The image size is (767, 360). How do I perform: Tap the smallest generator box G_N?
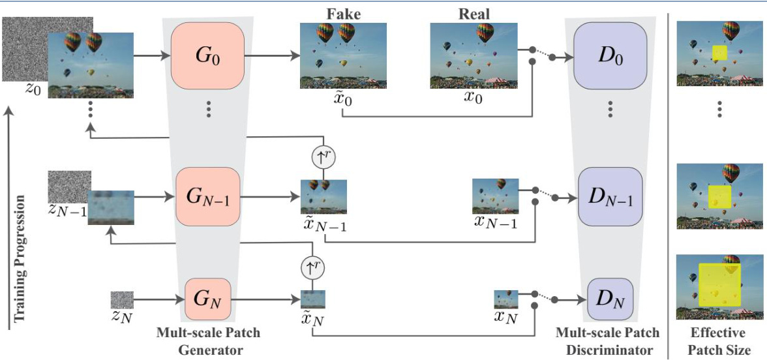pyautogui.click(x=207, y=301)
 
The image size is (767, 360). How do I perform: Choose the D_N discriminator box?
pyautogui.click(x=610, y=301)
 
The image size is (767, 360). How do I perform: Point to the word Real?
pyautogui.click(x=474, y=14)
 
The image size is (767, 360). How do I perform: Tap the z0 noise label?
pyautogui.click(x=33, y=89)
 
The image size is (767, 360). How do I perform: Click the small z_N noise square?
pyautogui.click(x=121, y=299)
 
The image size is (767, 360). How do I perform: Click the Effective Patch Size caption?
pyautogui.click(x=719, y=340)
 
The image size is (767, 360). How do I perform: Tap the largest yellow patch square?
pyautogui.click(x=719, y=285)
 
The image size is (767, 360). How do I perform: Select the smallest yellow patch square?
pyautogui.click(x=719, y=53)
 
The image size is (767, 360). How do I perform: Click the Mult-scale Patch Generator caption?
pyautogui.click(x=208, y=341)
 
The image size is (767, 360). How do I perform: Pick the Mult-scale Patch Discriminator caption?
pyautogui.click(x=607, y=341)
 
